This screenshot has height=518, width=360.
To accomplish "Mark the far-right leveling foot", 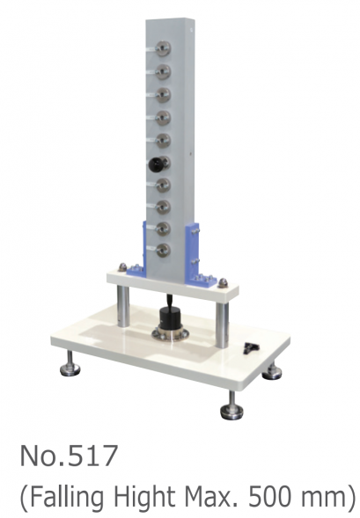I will tap(274, 370).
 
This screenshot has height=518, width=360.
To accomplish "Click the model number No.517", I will tap(70, 457).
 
